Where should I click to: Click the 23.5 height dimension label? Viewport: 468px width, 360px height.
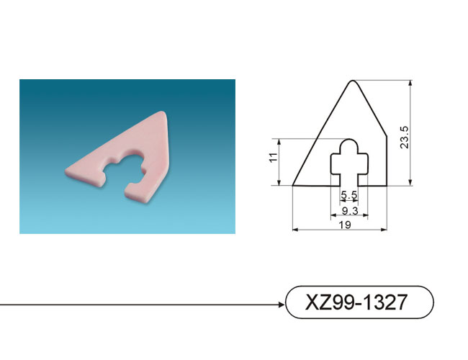pos(405,138)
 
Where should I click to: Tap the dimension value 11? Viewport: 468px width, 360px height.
pos(274,157)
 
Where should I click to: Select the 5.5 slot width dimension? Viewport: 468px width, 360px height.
pos(349,195)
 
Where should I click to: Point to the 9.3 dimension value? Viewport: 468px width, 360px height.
pos(350,211)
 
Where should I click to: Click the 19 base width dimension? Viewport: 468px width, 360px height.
pos(345,225)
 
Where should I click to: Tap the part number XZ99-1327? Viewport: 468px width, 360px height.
pos(356,302)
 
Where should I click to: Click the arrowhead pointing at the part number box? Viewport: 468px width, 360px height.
pos(281,305)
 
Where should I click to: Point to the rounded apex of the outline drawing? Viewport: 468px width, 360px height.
pos(353,81)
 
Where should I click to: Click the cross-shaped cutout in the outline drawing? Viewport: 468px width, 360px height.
pos(349,162)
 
